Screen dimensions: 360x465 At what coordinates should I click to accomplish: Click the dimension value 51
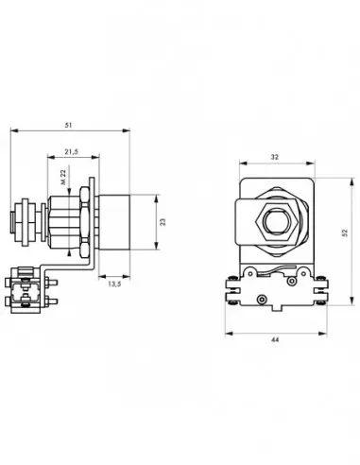tap(68, 125)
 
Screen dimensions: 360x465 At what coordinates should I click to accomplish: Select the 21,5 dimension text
tap(72, 152)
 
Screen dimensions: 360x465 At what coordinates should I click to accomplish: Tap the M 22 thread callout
tap(63, 178)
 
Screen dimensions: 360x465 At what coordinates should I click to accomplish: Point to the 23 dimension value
tap(163, 222)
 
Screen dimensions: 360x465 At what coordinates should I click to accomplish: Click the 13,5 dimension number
tap(114, 284)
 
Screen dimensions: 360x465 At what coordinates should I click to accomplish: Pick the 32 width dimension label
tap(275, 157)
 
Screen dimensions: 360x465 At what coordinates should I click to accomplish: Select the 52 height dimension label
tap(345, 232)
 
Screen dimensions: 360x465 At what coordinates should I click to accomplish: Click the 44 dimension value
tap(275, 339)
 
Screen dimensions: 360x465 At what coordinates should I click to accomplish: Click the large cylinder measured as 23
tap(113, 222)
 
